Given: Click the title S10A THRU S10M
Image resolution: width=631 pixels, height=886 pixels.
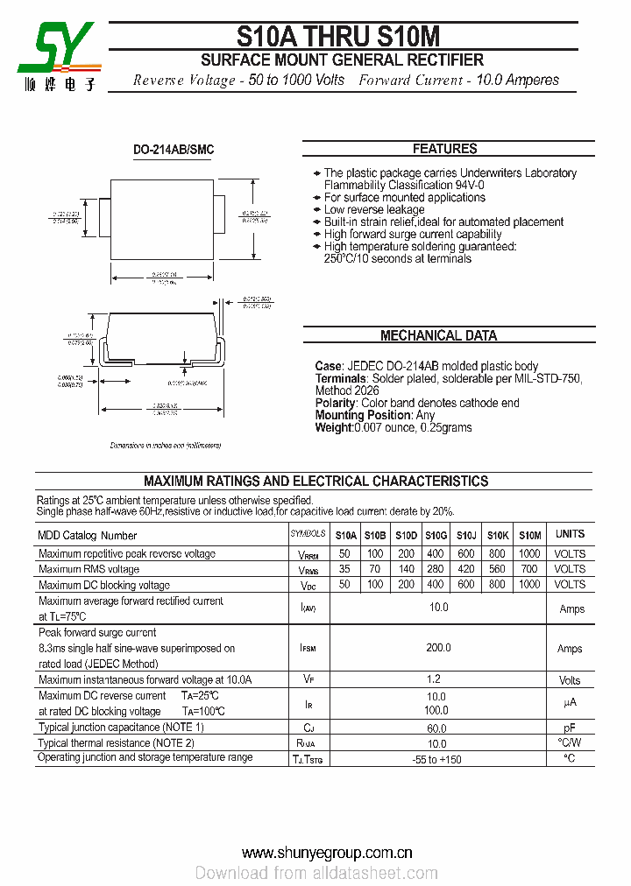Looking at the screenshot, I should pyautogui.click(x=338, y=35).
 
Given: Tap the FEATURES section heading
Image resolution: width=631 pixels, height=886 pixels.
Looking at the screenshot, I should pyautogui.click(x=444, y=149).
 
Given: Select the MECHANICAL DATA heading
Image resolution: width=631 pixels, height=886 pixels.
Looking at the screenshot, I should pyautogui.click(x=438, y=335).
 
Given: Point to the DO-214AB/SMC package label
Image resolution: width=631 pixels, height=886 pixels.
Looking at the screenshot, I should pyautogui.click(x=174, y=150).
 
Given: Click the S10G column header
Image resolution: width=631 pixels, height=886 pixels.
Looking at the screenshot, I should pyautogui.click(x=436, y=535).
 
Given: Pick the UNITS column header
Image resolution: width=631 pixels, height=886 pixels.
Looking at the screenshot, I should pyautogui.click(x=570, y=534).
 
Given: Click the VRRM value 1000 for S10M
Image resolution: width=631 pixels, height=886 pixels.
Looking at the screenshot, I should pyautogui.click(x=529, y=554).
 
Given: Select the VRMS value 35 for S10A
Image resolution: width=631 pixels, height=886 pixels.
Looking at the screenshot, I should pyautogui.click(x=344, y=569).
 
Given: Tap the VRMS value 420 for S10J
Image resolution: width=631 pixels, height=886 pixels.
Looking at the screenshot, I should pyautogui.click(x=466, y=569).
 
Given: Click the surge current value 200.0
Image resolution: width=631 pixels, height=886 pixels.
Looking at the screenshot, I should pyautogui.click(x=437, y=648).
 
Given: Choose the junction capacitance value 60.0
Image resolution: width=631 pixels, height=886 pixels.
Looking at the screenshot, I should pyautogui.click(x=437, y=728).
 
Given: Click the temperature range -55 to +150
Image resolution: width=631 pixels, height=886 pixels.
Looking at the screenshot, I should pyautogui.click(x=437, y=759).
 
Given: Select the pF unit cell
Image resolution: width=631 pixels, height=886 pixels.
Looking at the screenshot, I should pyautogui.click(x=570, y=728).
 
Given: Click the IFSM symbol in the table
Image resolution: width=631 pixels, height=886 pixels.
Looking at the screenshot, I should pyautogui.click(x=308, y=649).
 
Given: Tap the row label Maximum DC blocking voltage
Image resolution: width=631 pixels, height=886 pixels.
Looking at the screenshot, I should pyautogui.click(x=104, y=585).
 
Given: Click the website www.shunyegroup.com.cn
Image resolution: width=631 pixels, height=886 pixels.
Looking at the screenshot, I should pyautogui.click(x=327, y=852).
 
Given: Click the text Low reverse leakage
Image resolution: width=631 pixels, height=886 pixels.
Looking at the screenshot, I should pyautogui.click(x=373, y=209).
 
